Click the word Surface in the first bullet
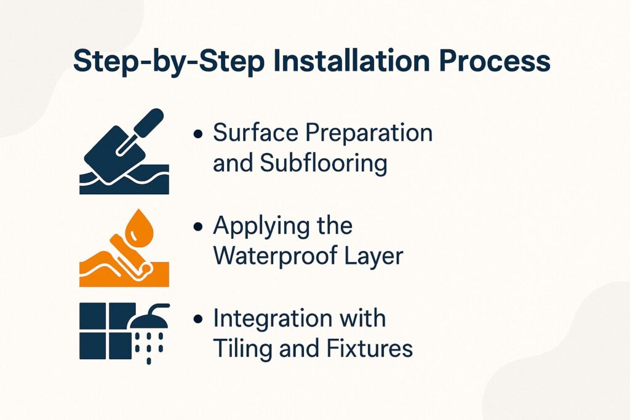point(252,133)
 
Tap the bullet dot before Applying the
point(197,227)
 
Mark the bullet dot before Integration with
point(197,320)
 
